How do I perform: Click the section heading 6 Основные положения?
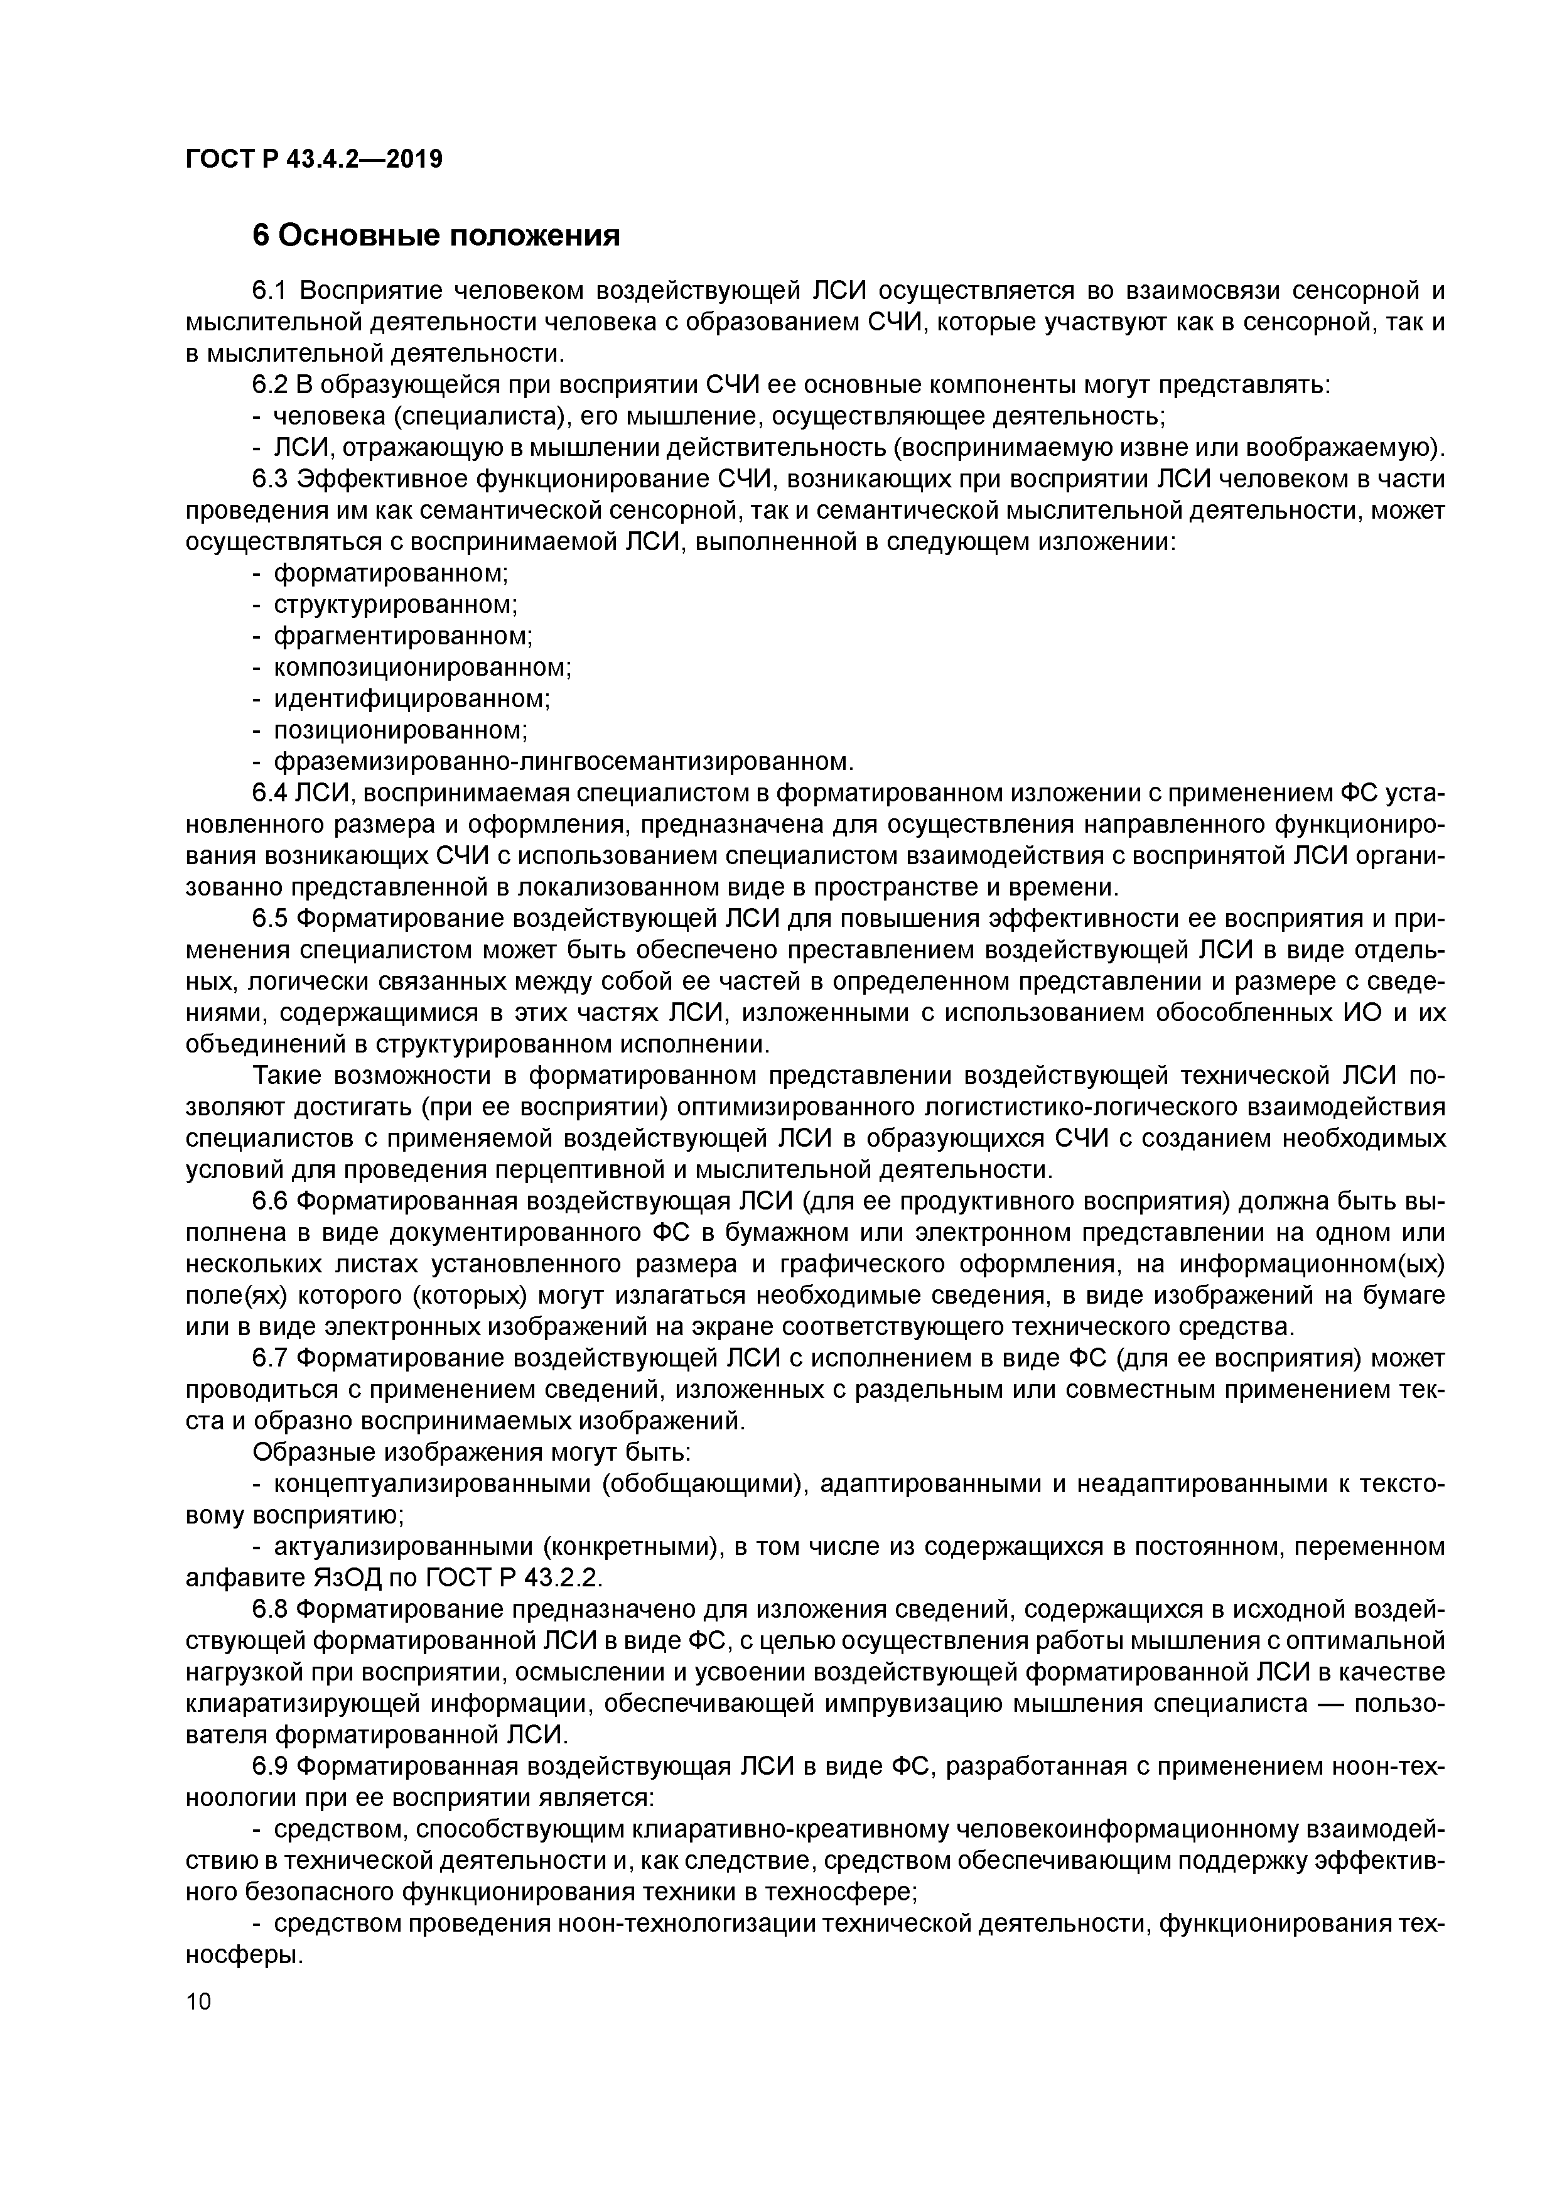pos(436,235)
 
